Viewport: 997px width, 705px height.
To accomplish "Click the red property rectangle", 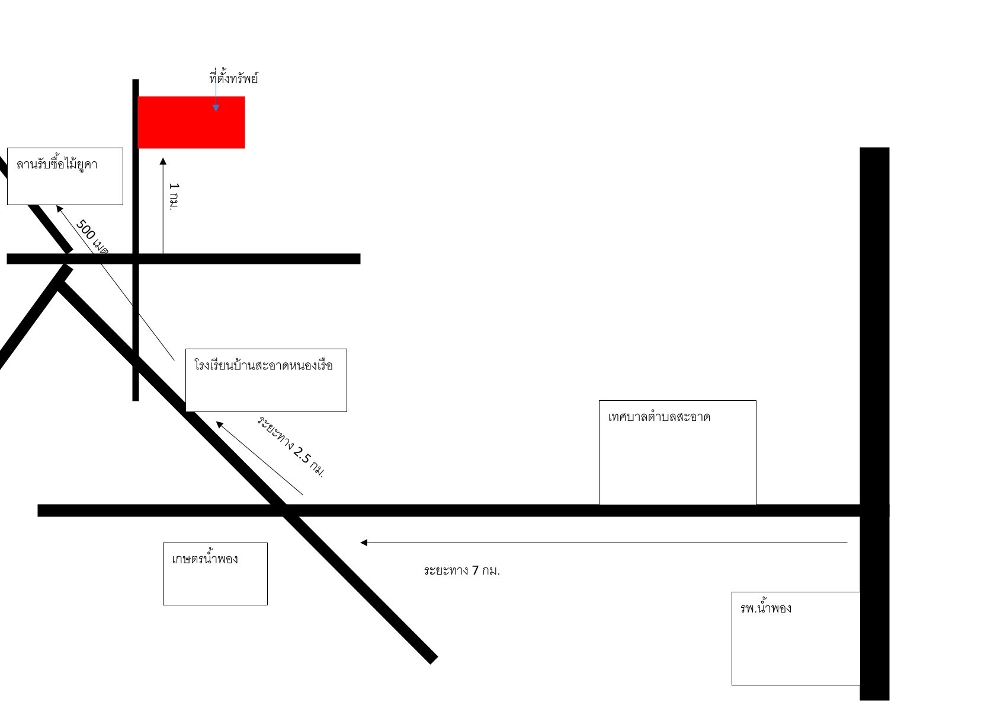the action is [191, 122].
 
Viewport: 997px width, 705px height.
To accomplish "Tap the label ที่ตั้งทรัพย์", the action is [233, 78].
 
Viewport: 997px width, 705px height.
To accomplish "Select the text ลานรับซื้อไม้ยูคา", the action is [57, 164].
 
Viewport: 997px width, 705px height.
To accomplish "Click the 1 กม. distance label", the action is [174, 196].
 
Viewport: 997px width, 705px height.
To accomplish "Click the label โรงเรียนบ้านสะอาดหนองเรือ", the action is [264, 365].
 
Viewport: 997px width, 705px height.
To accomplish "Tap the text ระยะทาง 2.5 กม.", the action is [291, 446].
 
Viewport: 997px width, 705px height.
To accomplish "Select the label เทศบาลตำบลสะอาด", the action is [659, 417].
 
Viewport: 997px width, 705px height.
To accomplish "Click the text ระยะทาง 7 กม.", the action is [461, 570].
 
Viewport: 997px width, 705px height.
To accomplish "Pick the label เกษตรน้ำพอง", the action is [205, 559].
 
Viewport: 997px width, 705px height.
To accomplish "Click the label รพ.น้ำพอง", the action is [765, 608].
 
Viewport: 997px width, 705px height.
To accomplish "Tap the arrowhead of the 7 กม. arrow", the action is [364, 543].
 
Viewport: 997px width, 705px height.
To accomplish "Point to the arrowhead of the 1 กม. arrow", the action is [163, 161].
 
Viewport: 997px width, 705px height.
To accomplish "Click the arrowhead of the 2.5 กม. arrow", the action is [219, 425].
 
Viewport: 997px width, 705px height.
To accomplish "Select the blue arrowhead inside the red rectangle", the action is [216, 109].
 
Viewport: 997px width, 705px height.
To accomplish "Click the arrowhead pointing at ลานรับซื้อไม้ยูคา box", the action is [59, 209].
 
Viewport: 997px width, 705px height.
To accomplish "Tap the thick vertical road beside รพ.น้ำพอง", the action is [874, 423].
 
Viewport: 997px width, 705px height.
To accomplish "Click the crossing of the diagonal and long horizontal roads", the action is [284, 511].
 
